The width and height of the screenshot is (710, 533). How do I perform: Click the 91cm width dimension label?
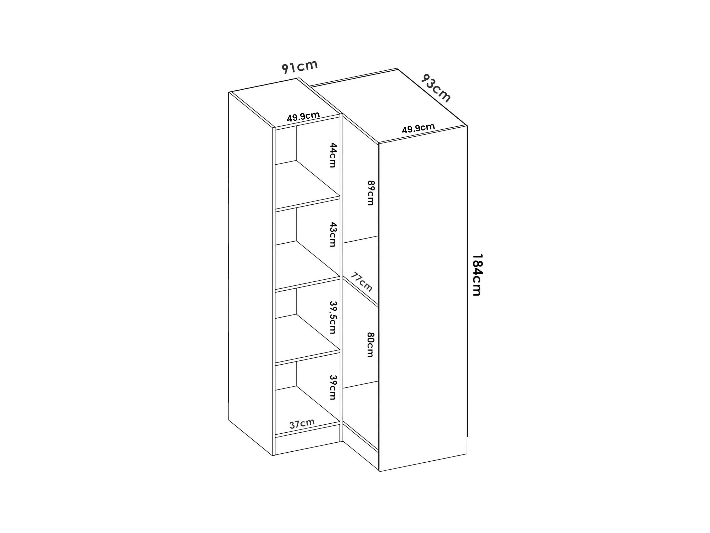tap(300, 67)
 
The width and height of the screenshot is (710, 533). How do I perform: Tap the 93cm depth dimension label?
tap(436, 88)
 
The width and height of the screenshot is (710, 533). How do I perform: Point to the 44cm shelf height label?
tap(333, 155)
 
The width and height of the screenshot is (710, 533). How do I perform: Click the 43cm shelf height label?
tap(333, 234)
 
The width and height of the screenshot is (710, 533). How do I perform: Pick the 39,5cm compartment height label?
tap(333, 317)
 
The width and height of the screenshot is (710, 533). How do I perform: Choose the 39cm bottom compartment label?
tap(333, 387)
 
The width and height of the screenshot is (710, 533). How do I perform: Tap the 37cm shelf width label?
tap(302, 423)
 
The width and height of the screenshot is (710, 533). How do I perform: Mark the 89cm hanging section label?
tap(371, 193)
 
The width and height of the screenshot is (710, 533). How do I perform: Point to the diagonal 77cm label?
tap(361, 282)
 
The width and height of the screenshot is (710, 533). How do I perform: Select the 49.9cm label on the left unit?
tap(303, 117)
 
